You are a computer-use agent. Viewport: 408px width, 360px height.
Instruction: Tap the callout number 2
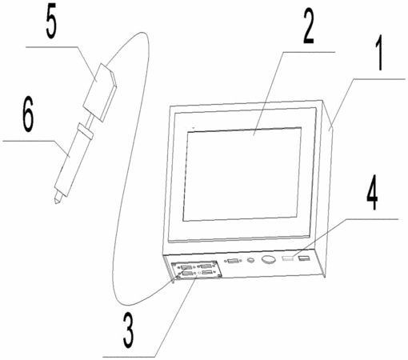(309, 26)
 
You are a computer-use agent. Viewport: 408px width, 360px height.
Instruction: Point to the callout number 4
(372, 193)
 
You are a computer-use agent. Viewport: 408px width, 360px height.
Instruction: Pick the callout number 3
(129, 330)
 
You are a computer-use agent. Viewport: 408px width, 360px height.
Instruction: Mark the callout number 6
(28, 114)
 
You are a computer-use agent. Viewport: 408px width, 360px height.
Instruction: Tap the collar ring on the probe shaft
(85, 131)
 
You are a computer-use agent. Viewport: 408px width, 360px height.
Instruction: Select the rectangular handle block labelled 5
(100, 92)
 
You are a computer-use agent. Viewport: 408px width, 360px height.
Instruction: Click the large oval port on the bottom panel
(269, 259)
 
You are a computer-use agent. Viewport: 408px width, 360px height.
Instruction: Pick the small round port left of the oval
(250, 260)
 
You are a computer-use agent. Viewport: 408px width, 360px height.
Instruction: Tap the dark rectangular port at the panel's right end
(304, 258)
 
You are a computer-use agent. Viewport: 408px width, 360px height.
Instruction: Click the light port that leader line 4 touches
(288, 258)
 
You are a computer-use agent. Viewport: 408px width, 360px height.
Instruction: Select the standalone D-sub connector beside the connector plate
(233, 261)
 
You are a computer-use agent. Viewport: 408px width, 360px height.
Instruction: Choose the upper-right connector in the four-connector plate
(206, 266)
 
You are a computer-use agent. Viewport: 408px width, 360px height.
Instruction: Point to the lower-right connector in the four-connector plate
(207, 272)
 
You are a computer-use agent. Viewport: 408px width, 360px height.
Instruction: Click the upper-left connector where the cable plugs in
(186, 267)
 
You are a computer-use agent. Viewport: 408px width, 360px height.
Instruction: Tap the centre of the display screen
(242, 174)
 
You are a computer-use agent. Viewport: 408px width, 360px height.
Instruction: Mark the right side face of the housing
(328, 186)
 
